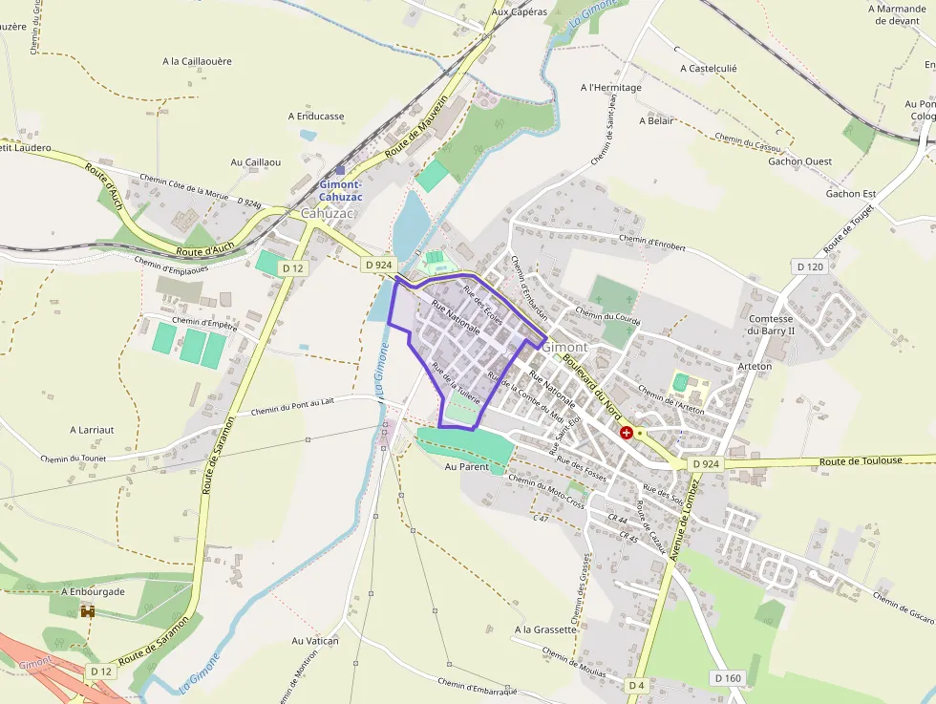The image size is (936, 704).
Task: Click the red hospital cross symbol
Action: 626,433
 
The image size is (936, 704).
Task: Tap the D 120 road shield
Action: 808,267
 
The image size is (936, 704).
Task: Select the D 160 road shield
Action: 727,677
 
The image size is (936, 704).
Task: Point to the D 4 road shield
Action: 636,685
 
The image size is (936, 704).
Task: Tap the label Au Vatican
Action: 315,641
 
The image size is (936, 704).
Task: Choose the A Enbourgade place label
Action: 93,591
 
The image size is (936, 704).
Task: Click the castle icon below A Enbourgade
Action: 88,611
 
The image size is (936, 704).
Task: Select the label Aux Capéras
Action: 520,12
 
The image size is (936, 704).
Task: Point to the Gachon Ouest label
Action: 799,161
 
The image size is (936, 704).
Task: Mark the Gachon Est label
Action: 850,194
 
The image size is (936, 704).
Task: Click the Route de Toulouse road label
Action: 861,460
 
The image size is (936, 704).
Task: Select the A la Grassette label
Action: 545,629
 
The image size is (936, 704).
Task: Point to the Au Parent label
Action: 466,467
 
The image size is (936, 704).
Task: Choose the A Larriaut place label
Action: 92,430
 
